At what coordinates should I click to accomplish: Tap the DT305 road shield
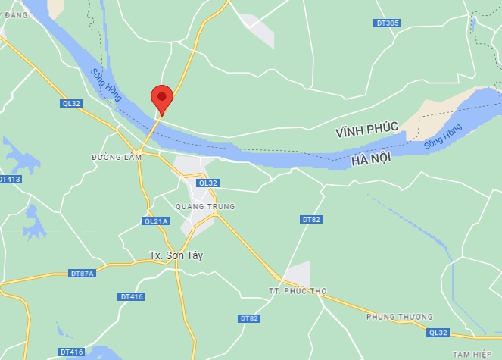tap(387, 23)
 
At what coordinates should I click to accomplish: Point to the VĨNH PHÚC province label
tap(367, 132)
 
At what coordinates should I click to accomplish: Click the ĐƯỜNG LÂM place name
tap(117, 157)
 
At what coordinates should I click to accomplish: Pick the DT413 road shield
tap(10, 180)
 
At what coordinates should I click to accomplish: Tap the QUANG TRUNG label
tap(204, 206)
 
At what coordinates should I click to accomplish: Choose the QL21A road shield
tap(155, 221)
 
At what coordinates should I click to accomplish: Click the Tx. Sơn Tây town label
tap(176, 255)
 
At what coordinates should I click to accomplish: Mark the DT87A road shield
tap(83, 273)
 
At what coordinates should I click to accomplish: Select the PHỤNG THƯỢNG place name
tap(399, 316)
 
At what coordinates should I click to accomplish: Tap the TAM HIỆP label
tap(472, 354)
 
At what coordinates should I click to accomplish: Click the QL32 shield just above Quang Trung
tap(207, 183)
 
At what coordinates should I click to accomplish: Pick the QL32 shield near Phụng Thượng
tap(437, 332)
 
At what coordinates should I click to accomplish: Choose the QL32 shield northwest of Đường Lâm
tap(71, 103)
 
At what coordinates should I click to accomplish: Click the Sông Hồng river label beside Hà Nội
tap(443, 136)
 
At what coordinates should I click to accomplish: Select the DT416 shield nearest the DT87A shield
tap(131, 296)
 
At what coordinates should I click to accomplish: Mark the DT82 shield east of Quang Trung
tap(311, 219)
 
